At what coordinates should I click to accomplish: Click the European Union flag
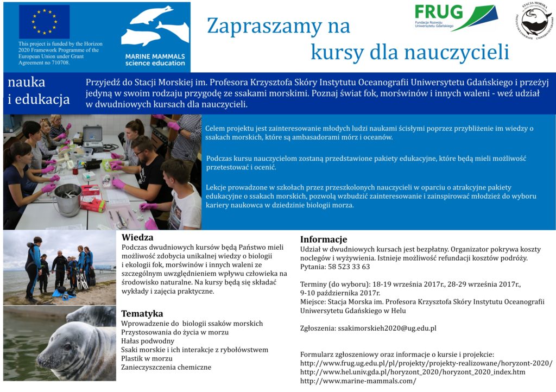click(x=45, y=22)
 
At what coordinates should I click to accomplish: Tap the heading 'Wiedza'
click(x=137, y=237)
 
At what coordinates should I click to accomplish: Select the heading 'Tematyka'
click(x=142, y=313)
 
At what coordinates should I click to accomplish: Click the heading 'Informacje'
click(x=323, y=239)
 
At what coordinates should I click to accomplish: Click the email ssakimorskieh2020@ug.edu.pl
click(x=387, y=328)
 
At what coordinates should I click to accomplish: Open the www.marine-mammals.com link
click(x=358, y=381)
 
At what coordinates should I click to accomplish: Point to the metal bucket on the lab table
click(x=68, y=199)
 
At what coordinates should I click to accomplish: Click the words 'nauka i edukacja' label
click(x=38, y=91)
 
